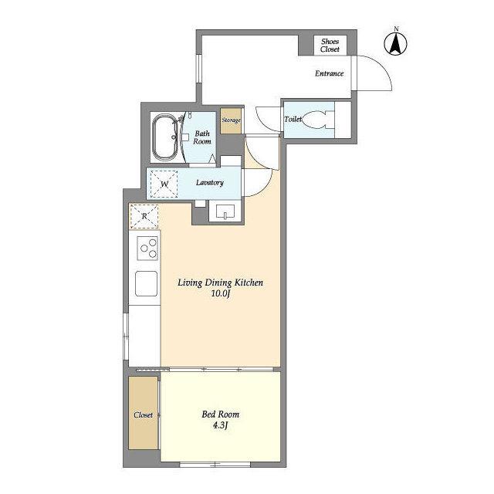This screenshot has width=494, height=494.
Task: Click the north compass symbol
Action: point(396,43)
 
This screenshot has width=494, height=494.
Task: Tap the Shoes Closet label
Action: point(330,46)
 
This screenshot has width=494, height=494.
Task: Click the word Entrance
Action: point(330,73)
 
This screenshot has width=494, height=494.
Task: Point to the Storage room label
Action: point(232,120)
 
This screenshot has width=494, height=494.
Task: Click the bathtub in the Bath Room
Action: point(165,137)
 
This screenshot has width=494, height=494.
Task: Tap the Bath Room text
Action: point(202,137)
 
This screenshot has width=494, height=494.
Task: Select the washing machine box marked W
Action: point(164,184)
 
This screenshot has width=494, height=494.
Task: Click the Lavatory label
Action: point(210,182)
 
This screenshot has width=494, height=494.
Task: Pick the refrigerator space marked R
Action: point(144,216)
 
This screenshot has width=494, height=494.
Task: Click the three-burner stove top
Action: point(147,249)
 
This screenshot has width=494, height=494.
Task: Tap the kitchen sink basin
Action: point(146,283)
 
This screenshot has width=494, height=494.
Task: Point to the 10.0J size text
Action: point(222,294)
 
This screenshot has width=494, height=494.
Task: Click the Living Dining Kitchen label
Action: point(220,283)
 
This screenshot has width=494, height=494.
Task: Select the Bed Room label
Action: point(221,414)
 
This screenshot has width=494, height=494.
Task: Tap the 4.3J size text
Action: point(220,425)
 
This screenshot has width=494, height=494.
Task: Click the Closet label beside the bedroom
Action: point(143,415)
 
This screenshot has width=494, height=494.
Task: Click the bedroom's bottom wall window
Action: point(215,465)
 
